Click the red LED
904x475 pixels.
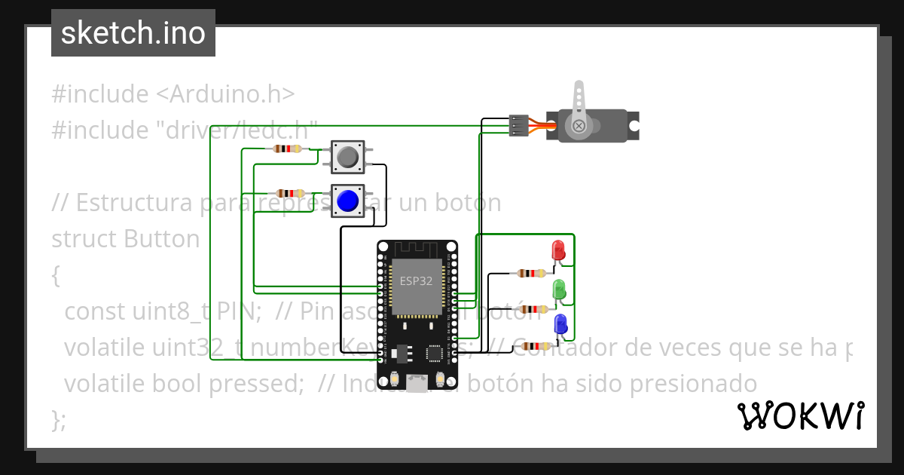click(x=559, y=250)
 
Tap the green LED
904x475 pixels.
click(x=559, y=289)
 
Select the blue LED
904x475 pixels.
click(x=560, y=325)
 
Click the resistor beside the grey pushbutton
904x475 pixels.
click(x=289, y=149)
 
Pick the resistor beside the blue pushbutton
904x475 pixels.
click(x=290, y=194)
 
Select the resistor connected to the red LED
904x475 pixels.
click(x=532, y=273)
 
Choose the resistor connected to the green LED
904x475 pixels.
click(x=534, y=309)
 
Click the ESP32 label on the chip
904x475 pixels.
click(x=416, y=281)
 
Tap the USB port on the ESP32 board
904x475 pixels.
click(x=417, y=384)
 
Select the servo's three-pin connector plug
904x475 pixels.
click(x=518, y=125)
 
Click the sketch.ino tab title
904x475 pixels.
click(x=133, y=33)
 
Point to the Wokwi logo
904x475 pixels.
click(x=800, y=415)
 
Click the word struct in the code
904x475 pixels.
click(x=84, y=239)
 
